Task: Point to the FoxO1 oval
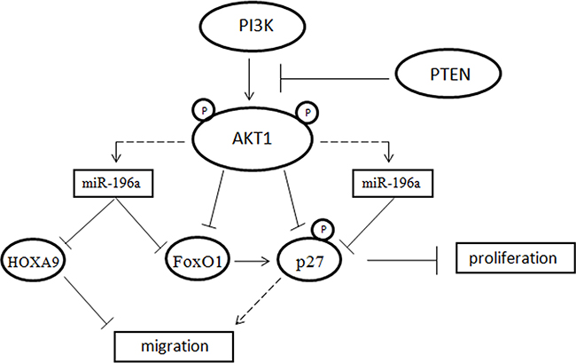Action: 198,263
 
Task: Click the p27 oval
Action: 316,263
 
